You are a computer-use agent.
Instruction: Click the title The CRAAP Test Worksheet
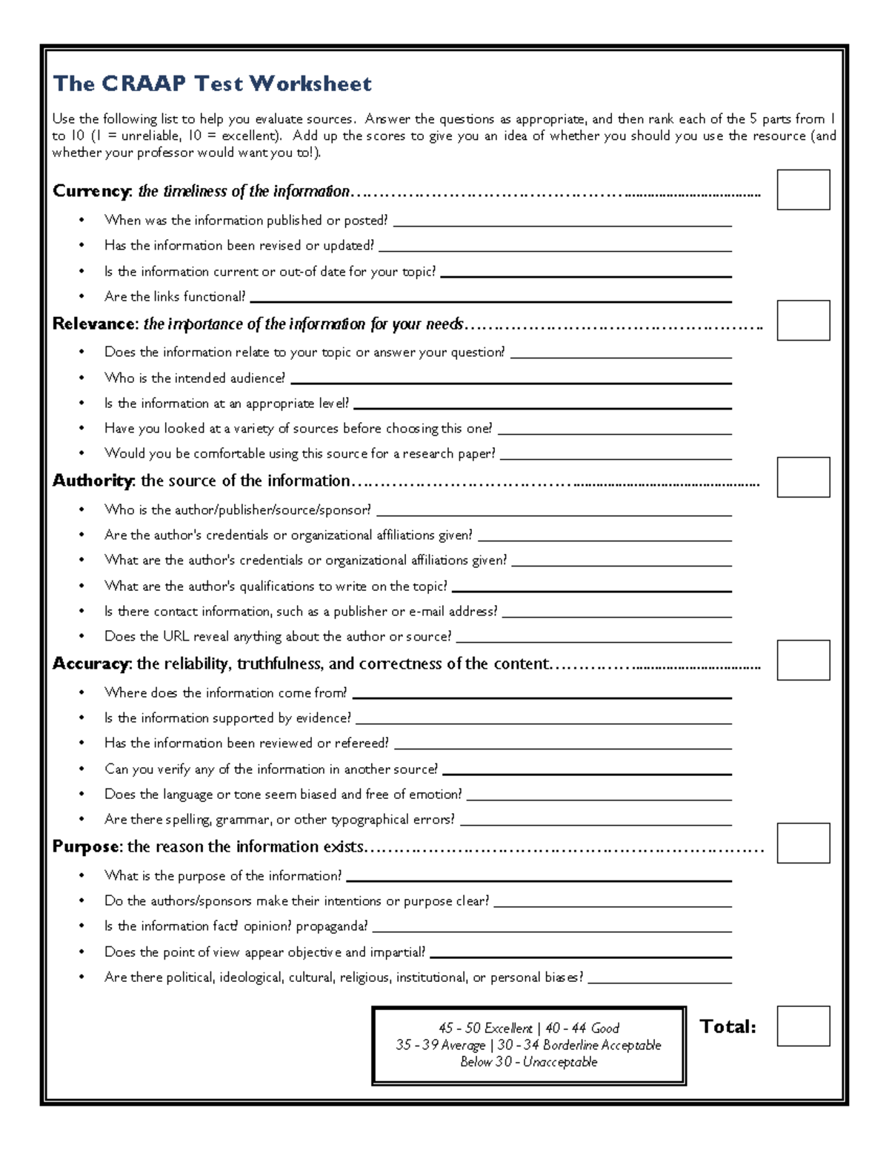point(212,84)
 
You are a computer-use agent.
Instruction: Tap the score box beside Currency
point(803,190)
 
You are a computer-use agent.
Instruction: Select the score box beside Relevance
point(803,321)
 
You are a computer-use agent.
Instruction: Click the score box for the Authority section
point(803,477)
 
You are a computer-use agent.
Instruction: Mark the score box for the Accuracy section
point(803,660)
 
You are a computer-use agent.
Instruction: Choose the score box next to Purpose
point(803,843)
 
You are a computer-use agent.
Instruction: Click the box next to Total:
point(803,1026)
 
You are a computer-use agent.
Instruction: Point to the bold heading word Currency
point(91,191)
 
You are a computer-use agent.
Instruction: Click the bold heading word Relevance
point(94,324)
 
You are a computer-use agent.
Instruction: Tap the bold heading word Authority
point(92,481)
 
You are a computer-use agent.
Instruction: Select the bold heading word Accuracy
point(90,663)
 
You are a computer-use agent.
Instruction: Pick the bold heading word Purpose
point(86,846)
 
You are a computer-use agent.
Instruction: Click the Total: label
point(727,1026)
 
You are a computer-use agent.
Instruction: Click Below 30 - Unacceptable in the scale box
point(528,1062)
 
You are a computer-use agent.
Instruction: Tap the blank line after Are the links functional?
point(490,301)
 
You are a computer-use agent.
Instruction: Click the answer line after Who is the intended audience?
point(510,382)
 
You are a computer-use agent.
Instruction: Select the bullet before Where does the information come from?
point(82,693)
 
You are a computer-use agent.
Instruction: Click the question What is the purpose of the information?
point(223,876)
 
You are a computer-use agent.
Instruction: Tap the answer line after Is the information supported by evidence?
point(543,723)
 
